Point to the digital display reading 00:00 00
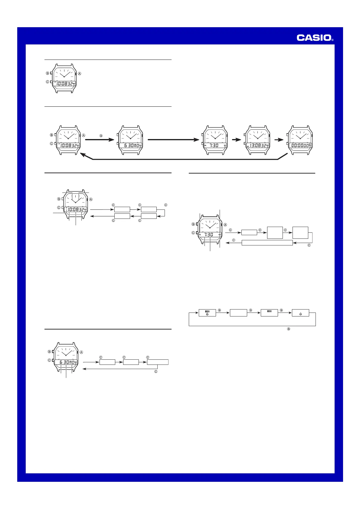tap(300, 145)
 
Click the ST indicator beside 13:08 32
tap(247, 146)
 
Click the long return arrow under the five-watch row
tap(182, 159)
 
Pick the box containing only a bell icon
tap(300, 313)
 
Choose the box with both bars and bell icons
tap(207, 313)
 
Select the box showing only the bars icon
tap(269, 313)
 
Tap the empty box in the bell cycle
tap(238, 313)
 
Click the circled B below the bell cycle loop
tap(289, 329)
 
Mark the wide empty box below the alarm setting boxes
tap(267, 242)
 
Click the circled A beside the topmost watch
tap(80, 73)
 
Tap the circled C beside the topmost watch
tap(47, 82)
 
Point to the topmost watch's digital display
tap(64, 84)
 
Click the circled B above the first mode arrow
tap(101, 136)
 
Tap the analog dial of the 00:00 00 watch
tap(300, 135)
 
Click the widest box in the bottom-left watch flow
tap(158, 362)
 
